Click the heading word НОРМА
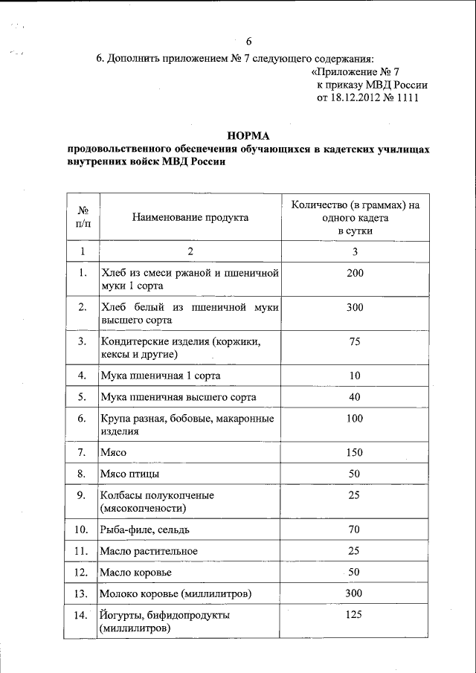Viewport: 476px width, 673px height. coord(249,135)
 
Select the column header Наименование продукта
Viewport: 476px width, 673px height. coord(190,217)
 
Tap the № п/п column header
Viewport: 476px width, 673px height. coord(83,217)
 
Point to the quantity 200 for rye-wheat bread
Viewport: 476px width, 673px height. coord(355,274)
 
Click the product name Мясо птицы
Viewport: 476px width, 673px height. coord(129,474)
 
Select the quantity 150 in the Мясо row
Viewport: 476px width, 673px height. coord(355,452)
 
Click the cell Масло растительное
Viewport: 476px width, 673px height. coord(148,551)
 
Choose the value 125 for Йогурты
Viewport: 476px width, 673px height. coord(355,616)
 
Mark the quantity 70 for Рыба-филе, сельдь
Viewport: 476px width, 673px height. coord(355,529)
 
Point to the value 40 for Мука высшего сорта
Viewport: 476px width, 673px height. coord(355,397)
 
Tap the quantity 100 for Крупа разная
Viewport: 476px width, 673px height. coord(355,419)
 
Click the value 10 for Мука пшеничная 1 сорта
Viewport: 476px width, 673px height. coord(355,376)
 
